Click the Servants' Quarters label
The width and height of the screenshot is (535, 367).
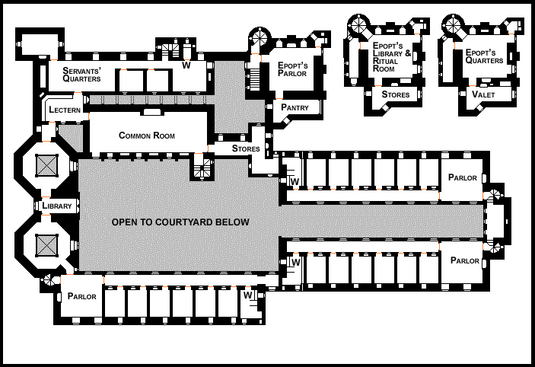coord(79,74)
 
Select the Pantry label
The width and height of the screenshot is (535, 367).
coord(295,107)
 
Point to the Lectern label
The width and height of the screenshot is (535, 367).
coord(64,110)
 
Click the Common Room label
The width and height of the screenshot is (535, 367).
coord(147,136)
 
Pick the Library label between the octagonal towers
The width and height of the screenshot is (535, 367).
coord(57,206)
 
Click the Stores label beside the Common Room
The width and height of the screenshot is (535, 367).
coord(247,148)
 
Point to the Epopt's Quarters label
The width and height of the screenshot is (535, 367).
coord(486,56)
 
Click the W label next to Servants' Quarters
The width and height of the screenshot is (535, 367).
coord(186,66)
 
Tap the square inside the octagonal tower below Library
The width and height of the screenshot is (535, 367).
coord(47,245)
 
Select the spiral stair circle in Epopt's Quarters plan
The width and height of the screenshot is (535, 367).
coord(455,24)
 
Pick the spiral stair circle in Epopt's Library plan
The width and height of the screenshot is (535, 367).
coord(359,25)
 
